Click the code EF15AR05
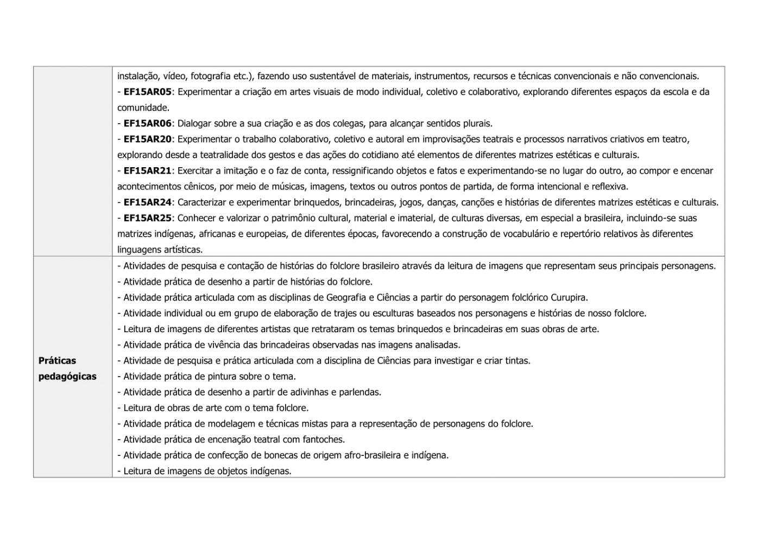147,92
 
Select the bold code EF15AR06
147,123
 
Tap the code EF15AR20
147,139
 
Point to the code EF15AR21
147,170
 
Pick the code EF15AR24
147,202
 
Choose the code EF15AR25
147,218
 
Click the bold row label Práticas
57,360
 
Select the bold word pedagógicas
67,376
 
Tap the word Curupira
569,297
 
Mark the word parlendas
360,392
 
